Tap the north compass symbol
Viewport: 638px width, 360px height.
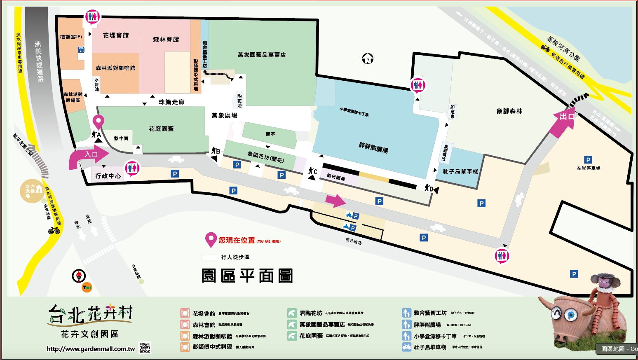(368, 59)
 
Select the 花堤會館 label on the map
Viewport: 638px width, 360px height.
(116, 35)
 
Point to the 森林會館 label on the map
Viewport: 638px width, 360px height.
(166, 40)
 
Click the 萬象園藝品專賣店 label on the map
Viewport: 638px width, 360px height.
(261, 55)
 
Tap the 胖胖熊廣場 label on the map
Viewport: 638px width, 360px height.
(373, 147)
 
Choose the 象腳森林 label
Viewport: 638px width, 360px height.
(509, 111)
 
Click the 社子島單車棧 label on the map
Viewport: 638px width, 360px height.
(460, 171)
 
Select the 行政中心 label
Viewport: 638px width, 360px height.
(108, 176)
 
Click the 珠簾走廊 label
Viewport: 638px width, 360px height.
(171, 102)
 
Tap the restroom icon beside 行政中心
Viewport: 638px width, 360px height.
(132, 168)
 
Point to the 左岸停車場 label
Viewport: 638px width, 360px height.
(588, 168)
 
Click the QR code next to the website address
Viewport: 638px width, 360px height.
(145, 348)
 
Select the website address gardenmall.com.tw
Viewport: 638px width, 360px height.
(91, 349)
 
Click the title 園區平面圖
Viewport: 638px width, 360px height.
(247, 276)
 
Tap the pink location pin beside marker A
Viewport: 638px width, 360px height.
(99, 122)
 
